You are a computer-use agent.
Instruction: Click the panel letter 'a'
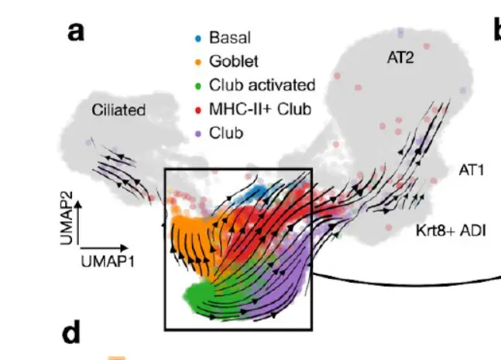tap(76, 33)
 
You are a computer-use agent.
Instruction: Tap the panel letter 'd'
tap(71, 334)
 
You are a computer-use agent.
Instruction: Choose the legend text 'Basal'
tap(230, 37)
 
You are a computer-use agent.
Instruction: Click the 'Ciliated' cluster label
tap(118, 110)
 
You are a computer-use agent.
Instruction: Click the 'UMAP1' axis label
tap(108, 262)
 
